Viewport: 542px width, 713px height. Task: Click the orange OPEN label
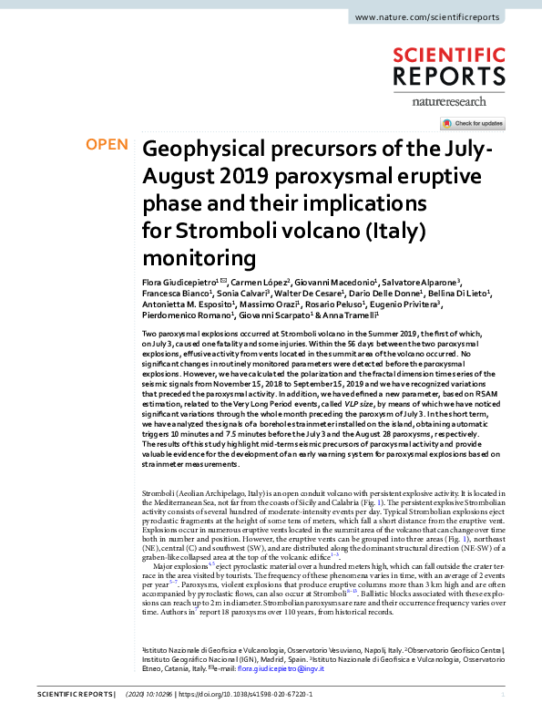point(107,145)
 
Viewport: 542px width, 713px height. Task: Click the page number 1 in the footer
point(516,695)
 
